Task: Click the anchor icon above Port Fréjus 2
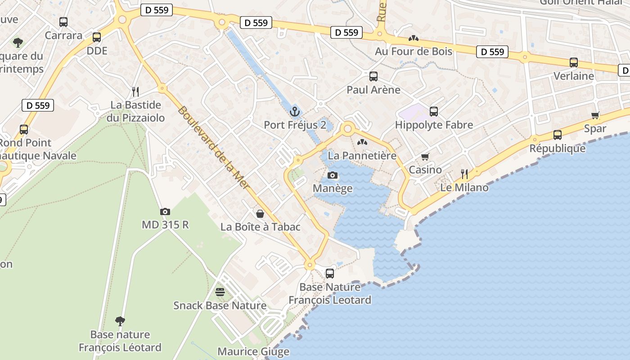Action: pos(295,111)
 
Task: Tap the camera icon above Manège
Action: pos(333,175)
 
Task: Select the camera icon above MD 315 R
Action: pos(165,211)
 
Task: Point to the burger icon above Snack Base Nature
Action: pos(220,292)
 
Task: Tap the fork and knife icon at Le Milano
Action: pos(464,174)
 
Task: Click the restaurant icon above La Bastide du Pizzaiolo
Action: pos(135,92)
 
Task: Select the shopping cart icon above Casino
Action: pos(425,157)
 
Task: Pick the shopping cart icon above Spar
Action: pos(595,115)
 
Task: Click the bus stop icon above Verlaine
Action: pos(574,63)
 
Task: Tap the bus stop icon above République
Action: pos(558,135)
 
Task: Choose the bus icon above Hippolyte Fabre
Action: pos(434,111)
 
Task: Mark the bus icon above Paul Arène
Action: pos(373,76)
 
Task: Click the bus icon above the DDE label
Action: pos(97,37)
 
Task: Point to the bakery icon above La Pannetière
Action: pos(362,142)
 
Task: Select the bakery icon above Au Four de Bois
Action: pos(414,38)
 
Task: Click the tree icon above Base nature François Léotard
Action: pos(120,321)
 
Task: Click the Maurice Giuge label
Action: pos(253,351)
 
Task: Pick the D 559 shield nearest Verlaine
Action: pos(492,52)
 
